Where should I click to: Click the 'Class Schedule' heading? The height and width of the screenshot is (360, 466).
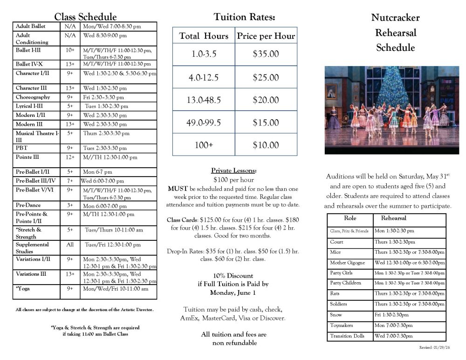[x=85, y=17]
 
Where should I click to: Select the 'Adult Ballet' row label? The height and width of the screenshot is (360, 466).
[x=31, y=27]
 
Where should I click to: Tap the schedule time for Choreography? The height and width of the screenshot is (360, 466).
[x=103, y=97]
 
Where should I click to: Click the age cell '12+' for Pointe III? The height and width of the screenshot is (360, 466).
[x=70, y=157]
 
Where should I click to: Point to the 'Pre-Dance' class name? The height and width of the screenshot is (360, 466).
[x=28, y=205]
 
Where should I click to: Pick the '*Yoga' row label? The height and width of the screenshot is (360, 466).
[x=23, y=289]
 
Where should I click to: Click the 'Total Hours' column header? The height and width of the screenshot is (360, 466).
[x=204, y=36]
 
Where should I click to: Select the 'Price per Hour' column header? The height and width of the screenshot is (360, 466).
[x=266, y=36]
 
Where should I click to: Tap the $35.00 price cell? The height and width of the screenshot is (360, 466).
[x=266, y=54]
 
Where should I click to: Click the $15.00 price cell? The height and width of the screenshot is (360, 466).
[x=266, y=122]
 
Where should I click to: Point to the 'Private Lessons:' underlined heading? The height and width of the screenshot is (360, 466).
[x=233, y=170]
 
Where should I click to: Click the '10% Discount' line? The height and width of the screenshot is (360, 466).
[x=233, y=275]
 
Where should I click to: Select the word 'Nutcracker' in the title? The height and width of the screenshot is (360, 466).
[x=395, y=18]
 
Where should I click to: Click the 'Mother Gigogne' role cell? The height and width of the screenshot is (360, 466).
[x=348, y=263]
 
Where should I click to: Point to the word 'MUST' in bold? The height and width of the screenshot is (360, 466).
[x=177, y=189]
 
